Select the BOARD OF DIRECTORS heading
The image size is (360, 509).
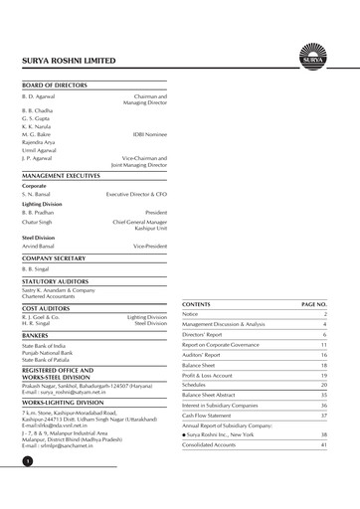tap(57, 85)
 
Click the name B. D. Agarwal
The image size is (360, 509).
tap(41, 95)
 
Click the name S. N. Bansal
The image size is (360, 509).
tap(39, 195)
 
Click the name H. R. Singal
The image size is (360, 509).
tap(39, 323)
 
